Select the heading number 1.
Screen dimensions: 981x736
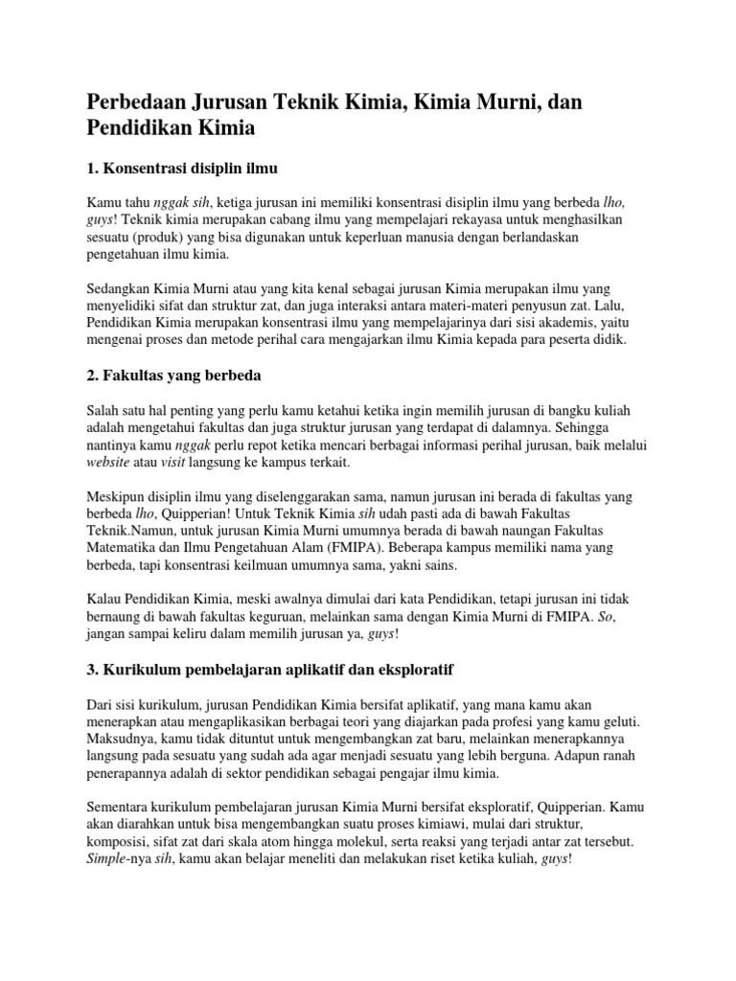point(91,169)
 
